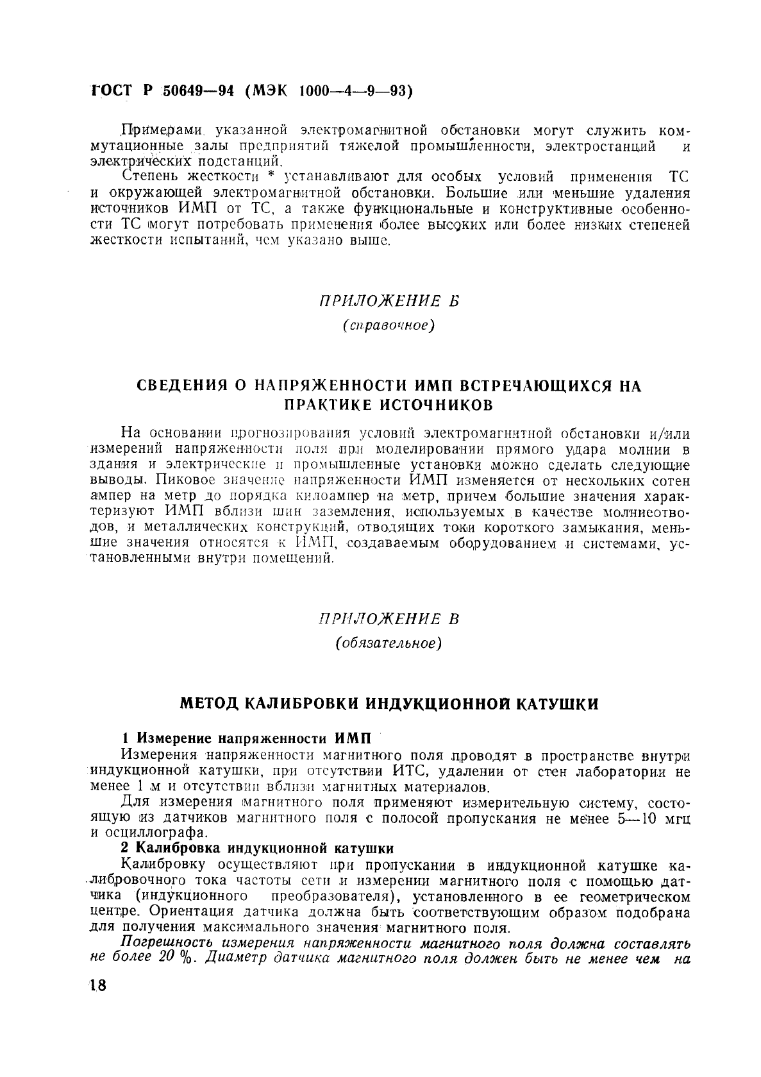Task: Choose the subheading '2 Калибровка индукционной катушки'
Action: (x=257, y=849)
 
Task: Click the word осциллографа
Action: (x=154, y=833)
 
